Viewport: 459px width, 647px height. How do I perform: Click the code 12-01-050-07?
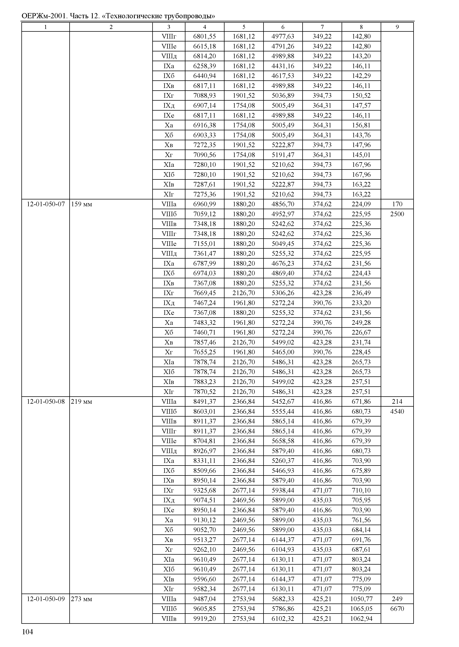click(46, 204)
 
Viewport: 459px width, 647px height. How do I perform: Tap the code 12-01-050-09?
click(46, 599)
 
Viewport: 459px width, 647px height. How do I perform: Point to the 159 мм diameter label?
click(81, 204)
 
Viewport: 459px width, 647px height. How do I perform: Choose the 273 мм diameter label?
click(81, 599)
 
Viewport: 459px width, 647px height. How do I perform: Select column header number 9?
click(397, 27)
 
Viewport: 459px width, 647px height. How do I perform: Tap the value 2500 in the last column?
click(397, 214)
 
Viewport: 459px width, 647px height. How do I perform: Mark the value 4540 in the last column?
click(397, 411)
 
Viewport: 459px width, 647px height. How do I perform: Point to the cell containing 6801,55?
click(204, 36)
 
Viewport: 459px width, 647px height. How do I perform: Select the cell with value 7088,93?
click(204, 95)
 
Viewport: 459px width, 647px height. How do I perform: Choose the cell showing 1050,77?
click(361, 599)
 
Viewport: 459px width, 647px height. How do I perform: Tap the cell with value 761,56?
click(361, 520)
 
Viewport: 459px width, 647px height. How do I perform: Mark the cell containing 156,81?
click(361, 125)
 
